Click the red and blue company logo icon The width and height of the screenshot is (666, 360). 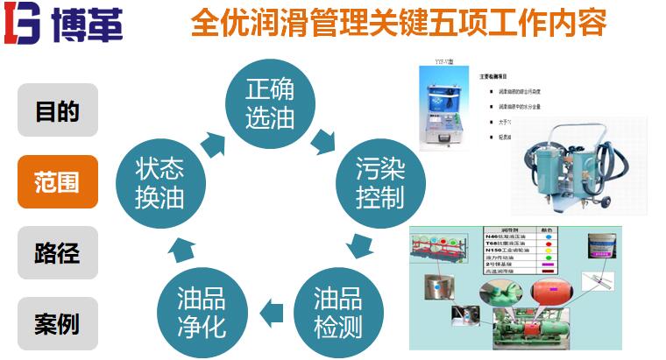pos(25,24)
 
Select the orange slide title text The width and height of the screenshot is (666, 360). pos(399,23)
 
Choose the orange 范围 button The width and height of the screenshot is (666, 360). pos(57,181)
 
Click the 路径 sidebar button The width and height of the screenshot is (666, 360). pos(57,252)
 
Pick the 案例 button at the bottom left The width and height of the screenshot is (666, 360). pos(57,323)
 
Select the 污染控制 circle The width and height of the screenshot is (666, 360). pos(379,182)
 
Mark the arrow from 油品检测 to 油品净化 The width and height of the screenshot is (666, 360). pos(273,307)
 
